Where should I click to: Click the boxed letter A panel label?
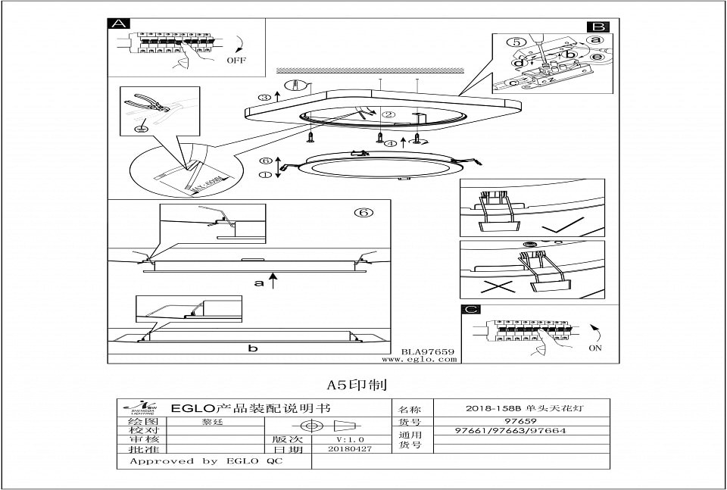point(118,23)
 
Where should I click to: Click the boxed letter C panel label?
point(471,310)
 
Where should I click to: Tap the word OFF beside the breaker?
point(236,60)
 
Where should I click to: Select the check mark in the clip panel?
point(565,225)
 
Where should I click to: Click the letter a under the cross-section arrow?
point(258,283)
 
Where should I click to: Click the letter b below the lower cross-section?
point(253,348)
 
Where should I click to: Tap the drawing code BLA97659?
point(427,351)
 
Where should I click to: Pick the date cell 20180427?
point(349,449)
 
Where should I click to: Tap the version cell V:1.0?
point(350,439)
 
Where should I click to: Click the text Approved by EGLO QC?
point(205,460)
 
